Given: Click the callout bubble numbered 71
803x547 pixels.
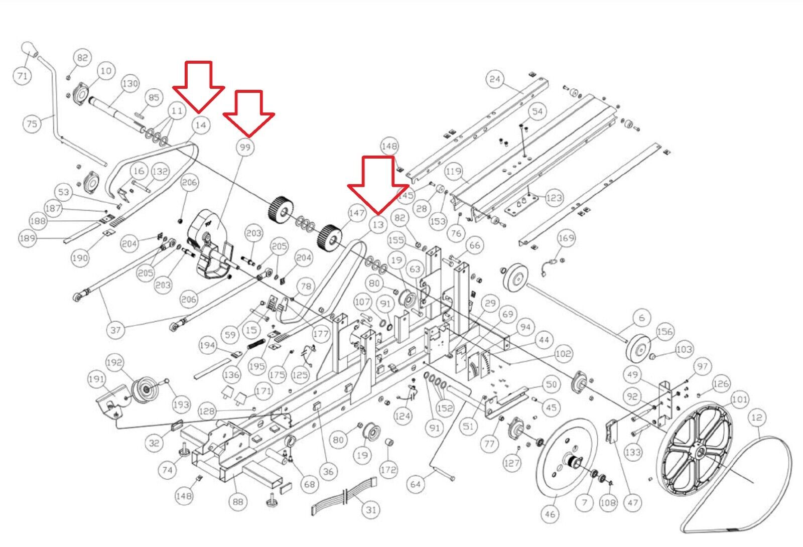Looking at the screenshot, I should (x=22, y=76).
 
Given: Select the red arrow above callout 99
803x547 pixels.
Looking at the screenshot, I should (x=249, y=112).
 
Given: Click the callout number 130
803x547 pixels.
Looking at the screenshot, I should (x=130, y=84).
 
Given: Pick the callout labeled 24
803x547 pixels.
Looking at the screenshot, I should (x=495, y=79).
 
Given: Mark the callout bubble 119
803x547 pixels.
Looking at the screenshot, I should (x=453, y=172).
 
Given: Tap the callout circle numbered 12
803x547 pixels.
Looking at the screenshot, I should (x=757, y=418).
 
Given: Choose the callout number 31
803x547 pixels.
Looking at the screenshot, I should (x=371, y=510).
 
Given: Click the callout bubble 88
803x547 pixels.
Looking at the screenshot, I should (x=238, y=501).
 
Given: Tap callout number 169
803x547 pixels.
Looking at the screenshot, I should (x=566, y=238).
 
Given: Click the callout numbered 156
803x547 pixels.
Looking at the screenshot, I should (x=664, y=332).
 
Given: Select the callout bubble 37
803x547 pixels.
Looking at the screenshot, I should (x=115, y=330).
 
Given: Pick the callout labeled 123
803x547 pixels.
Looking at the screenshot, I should (x=554, y=198).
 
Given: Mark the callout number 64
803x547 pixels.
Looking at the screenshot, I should (x=415, y=484).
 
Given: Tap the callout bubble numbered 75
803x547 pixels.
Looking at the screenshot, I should (x=32, y=123).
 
